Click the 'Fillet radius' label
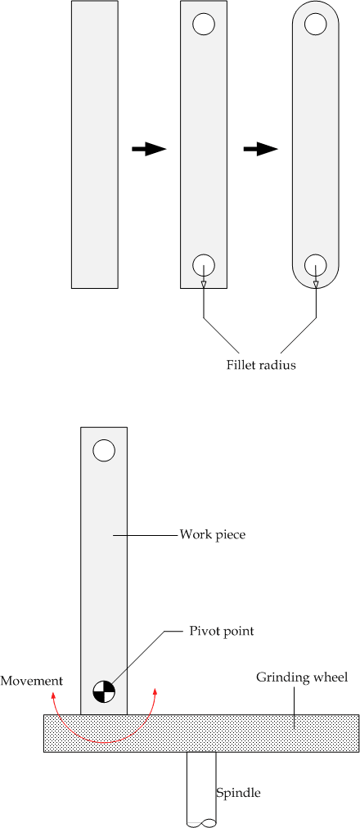260,365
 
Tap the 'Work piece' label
213,535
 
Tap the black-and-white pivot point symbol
104,692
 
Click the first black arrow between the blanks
149,149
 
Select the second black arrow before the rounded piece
261,149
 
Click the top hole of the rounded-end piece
316,25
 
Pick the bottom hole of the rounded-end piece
316,264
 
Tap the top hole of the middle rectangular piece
204,25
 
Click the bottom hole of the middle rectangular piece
204,264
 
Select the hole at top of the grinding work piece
104,450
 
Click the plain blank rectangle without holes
95,145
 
